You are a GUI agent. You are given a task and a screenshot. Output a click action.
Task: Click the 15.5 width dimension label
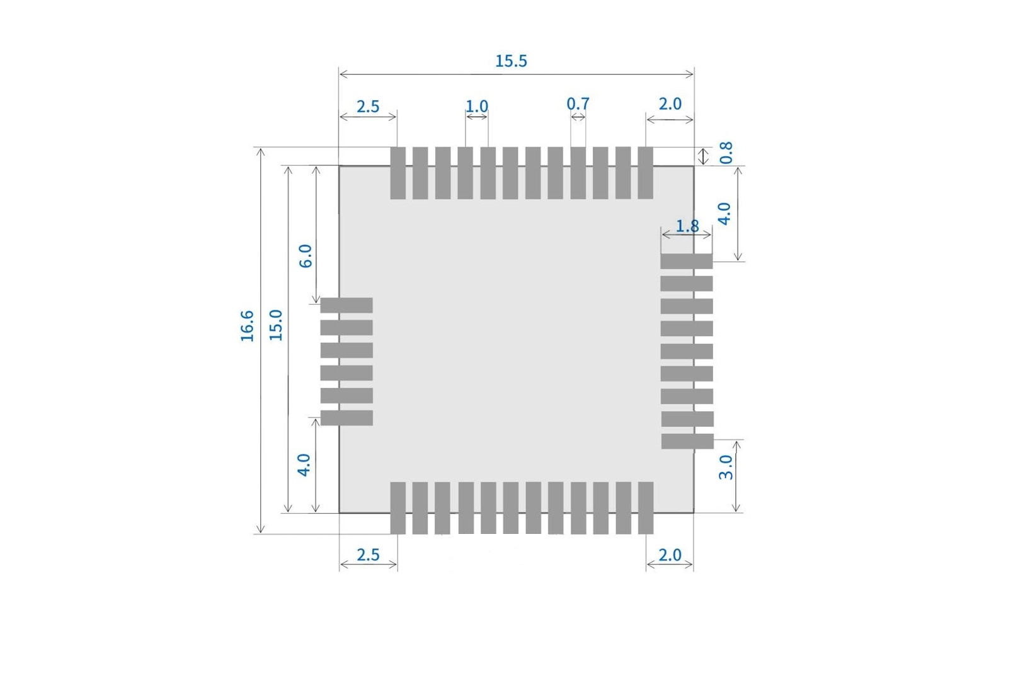point(511,61)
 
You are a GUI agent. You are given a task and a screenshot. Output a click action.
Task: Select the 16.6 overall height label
point(247,326)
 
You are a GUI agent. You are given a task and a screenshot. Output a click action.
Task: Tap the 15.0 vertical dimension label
point(276,325)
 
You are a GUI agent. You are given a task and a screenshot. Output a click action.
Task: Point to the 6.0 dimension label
point(305,256)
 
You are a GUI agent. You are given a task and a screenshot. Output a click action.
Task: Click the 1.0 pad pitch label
point(477,106)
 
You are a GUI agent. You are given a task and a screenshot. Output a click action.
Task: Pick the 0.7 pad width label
point(578,103)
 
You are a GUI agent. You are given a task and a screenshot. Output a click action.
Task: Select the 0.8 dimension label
point(726,152)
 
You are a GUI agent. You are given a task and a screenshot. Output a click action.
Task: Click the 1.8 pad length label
point(687,225)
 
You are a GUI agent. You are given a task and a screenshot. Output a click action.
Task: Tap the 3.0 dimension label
point(726,467)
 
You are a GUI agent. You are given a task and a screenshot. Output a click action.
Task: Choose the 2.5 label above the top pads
point(368,106)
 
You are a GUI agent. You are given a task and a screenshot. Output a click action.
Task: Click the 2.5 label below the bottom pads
point(368,555)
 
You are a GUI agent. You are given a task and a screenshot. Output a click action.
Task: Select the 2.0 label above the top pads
point(670,104)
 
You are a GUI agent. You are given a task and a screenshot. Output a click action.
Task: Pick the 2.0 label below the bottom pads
point(670,555)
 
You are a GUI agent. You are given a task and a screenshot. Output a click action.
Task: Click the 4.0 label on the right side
point(724,213)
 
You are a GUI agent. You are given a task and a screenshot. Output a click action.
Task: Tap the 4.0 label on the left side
point(304,465)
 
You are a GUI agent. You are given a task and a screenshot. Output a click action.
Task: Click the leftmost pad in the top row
point(397,173)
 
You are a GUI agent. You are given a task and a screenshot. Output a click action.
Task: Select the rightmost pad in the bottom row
point(646,507)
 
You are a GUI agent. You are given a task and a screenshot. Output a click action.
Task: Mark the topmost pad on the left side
point(346,305)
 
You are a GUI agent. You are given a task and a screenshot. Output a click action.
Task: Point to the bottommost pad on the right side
point(687,441)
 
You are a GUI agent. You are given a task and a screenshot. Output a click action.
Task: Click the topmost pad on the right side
point(686,261)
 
